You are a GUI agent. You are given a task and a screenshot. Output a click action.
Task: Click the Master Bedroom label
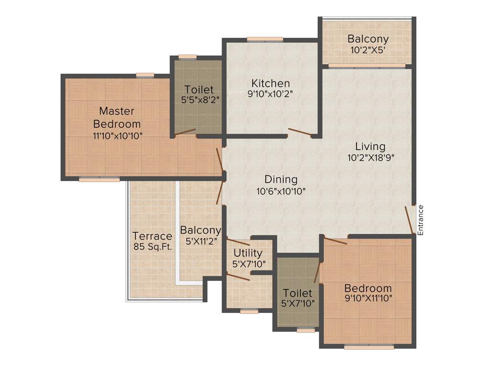pyautogui.click(x=117, y=117)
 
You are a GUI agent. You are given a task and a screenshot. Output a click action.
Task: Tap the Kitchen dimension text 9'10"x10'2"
pyautogui.click(x=270, y=94)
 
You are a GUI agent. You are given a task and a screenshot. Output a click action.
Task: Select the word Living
pyautogui.click(x=370, y=147)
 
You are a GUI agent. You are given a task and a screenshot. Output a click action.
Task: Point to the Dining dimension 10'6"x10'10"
pyautogui.click(x=281, y=190)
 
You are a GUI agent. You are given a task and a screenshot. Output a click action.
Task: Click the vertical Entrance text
pyautogui.click(x=421, y=219)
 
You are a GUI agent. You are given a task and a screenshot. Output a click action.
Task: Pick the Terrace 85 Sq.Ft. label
pyautogui.click(x=152, y=241)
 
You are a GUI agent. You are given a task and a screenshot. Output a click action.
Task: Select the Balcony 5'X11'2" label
pyautogui.click(x=200, y=235)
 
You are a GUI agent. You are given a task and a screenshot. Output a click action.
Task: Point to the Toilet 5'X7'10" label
pyautogui.click(x=297, y=298)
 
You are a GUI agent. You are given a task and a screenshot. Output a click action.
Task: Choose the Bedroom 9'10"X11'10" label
pyautogui.click(x=368, y=293)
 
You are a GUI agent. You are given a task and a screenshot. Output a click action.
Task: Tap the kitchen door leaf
pyautogui.click(x=300, y=132)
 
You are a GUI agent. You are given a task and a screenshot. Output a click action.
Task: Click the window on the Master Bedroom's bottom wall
pyautogui.click(x=99, y=180)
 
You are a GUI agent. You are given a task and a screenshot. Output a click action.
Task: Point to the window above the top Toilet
pyautogui.click(x=187, y=57)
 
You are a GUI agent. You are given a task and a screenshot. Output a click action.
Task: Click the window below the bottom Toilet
pyautogui.click(x=306, y=330)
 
